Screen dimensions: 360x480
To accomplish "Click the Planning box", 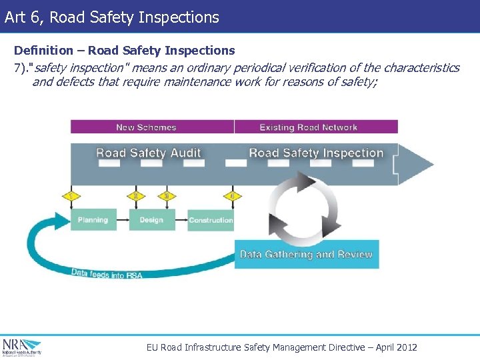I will [93, 220].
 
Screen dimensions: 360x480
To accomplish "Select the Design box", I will [151, 220].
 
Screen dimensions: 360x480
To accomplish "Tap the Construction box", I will [211, 220].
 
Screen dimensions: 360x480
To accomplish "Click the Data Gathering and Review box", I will [307, 255].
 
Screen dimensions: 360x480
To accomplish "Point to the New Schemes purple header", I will [147, 127].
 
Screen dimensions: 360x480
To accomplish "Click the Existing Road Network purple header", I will [309, 127].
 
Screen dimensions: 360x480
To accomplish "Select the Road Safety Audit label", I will [148, 153].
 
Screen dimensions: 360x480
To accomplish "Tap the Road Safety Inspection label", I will [316, 153].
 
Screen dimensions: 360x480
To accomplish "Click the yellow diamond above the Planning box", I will [71, 196].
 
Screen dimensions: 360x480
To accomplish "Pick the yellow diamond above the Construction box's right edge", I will [231, 196].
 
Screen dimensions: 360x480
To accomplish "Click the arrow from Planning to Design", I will [123, 220].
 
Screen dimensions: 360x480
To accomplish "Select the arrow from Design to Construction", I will [181, 220].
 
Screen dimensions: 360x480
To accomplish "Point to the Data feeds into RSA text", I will [107, 273].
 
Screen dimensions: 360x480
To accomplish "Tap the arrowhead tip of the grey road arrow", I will [432, 163].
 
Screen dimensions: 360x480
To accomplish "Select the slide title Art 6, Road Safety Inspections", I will [111, 17].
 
